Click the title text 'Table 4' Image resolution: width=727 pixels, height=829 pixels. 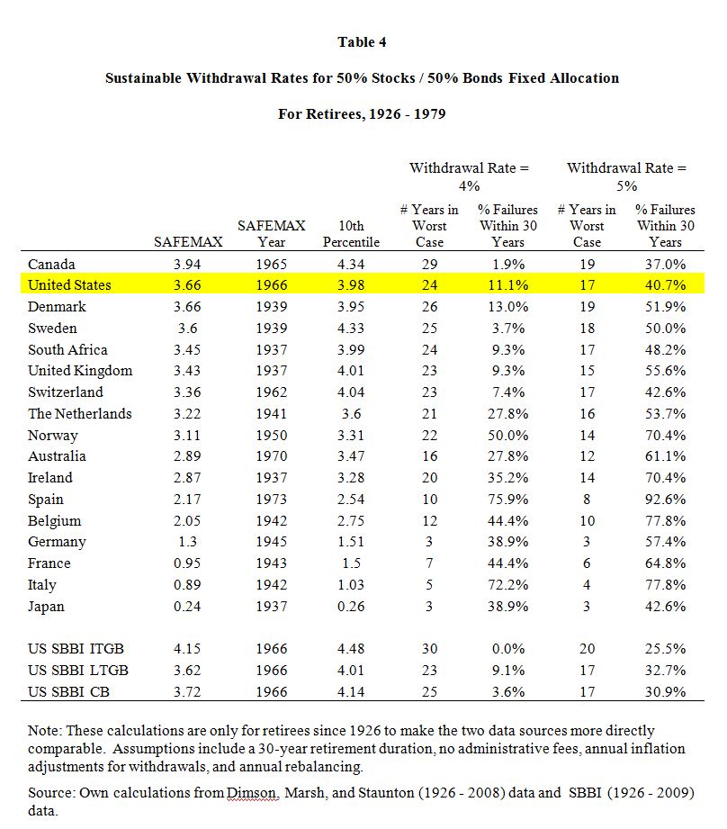[x=362, y=41]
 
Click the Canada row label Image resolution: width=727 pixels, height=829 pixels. [x=51, y=264]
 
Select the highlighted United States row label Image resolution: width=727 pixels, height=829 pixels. [x=69, y=285]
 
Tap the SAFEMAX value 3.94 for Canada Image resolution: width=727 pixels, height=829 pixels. [x=187, y=264]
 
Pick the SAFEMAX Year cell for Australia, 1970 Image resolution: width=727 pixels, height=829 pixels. [x=272, y=455]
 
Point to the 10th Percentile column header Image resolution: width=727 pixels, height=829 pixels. [x=351, y=234]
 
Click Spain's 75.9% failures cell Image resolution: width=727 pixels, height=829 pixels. [x=507, y=499]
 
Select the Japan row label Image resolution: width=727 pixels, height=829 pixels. [x=46, y=607]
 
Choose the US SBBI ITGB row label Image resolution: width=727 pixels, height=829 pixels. [x=76, y=649]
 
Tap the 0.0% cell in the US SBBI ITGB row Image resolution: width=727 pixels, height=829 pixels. [x=508, y=649]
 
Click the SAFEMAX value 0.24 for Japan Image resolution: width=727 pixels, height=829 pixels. [x=187, y=607]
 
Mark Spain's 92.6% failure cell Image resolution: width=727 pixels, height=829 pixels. [x=665, y=499]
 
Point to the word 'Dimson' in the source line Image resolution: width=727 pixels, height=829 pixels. [x=252, y=792]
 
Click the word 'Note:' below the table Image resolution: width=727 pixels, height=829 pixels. [x=45, y=731]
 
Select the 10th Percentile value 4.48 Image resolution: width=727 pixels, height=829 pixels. [x=351, y=649]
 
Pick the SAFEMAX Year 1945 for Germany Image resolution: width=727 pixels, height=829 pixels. [x=272, y=541]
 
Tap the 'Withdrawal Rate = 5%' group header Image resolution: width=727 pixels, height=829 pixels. [x=626, y=176]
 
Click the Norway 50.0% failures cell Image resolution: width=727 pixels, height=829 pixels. [x=507, y=435]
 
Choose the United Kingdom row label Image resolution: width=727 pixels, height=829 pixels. [x=80, y=371]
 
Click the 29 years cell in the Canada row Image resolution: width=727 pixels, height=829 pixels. [x=429, y=264]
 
